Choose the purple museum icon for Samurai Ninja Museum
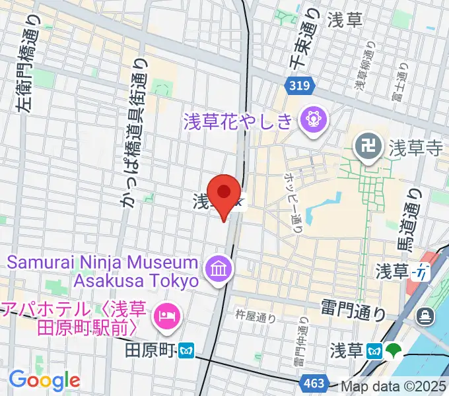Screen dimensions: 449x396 [217, 269]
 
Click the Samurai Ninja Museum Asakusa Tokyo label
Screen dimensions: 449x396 [103, 271]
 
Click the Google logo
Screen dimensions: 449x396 [44, 379]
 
